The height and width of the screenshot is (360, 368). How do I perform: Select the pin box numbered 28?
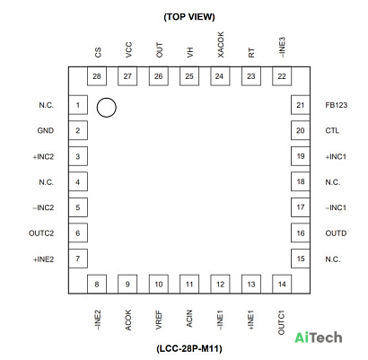[x=97, y=76]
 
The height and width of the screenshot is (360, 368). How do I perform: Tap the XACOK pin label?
[x=220, y=45]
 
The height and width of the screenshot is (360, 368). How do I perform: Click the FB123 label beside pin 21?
[x=337, y=105]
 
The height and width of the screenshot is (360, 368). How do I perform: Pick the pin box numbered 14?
[x=282, y=284]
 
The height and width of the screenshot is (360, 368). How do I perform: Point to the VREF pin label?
[x=159, y=320]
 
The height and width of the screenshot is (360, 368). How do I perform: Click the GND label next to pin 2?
[x=46, y=130]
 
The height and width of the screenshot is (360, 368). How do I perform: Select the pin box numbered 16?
[x=301, y=233]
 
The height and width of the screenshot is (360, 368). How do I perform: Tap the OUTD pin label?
[x=336, y=233]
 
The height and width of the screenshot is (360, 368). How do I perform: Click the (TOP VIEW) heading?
[x=189, y=17]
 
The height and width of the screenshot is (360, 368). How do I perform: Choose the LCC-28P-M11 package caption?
[x=189, y=348]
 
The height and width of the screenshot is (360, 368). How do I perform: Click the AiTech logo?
[x=319, y=338]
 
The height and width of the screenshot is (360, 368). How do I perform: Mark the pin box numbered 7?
[x=78, y=259]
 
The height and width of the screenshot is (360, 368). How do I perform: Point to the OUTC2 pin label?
[x=41, y=233]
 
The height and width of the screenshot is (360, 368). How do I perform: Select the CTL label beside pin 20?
[x=332, y=130]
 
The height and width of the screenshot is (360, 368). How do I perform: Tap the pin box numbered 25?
[x=189, y=76]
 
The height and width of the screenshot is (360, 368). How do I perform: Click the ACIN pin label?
[x=189, y=319]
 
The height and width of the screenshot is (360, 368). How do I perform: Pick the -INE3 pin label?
[x=282, y=48]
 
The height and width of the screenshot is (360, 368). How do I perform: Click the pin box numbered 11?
[x=189, y=284]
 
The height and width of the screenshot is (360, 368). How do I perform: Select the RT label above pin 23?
[x=251, y=53]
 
